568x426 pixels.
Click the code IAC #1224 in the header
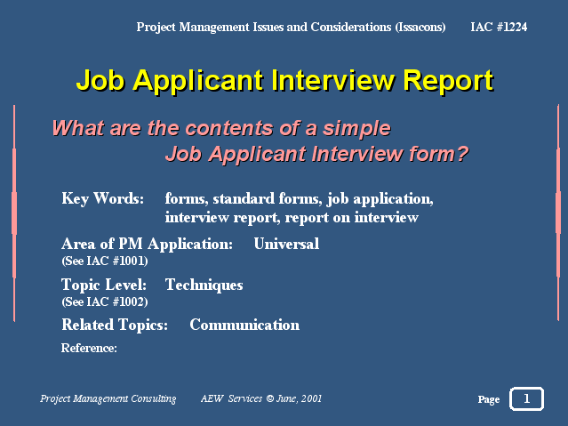[x=499, y=27]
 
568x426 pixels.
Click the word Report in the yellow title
[x=448, y=81]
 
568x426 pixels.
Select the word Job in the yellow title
[x=100, y=80]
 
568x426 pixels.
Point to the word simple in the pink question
[x=356, y=129]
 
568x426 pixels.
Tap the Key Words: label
[x=103, y=199]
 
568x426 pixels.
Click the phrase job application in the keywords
[x=380, y=199]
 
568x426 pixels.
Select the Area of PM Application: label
[x=147, y=244]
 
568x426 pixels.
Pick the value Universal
[x=286, y=244]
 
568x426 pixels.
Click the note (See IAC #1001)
[x=105, y=261]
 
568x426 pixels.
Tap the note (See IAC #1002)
[x=105, y=301]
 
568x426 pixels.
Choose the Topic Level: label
[x=104, y=285]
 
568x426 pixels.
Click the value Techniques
[x=204, y=285]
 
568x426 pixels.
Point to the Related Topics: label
[x=115, y=325]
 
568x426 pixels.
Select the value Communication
[x=244, y=325]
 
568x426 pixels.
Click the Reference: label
[x=89, y=348]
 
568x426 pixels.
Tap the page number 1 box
[x=526, y=398]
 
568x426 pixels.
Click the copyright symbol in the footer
[x=270, y=398]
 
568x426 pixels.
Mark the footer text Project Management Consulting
[x=108, y=398]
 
